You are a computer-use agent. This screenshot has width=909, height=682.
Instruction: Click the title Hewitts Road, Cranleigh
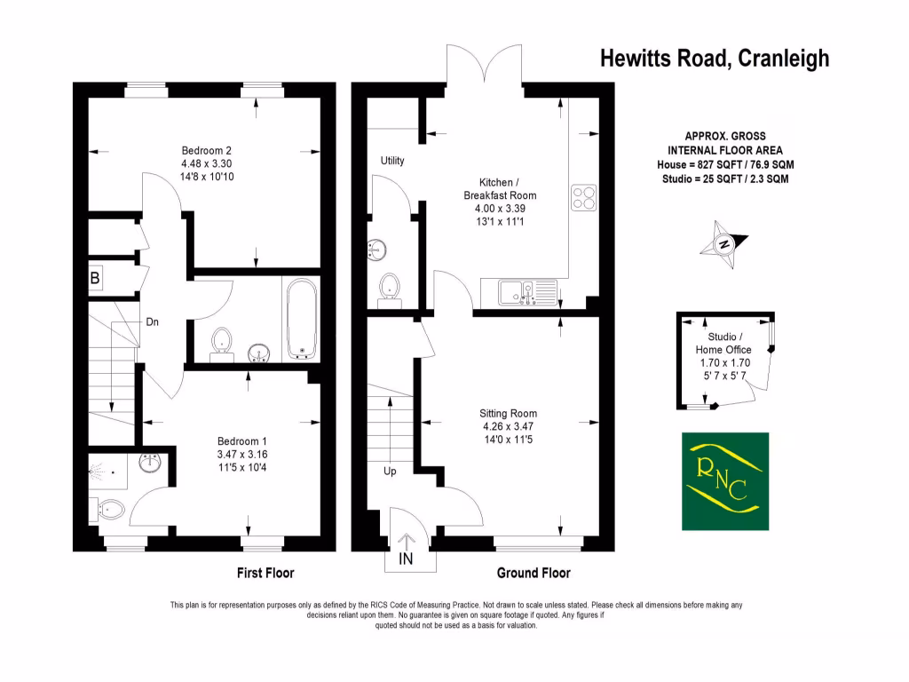715,59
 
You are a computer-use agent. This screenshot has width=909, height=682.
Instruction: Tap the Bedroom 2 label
207,150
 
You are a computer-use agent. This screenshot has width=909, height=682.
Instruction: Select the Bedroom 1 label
242,441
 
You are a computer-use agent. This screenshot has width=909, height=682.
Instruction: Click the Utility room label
392,161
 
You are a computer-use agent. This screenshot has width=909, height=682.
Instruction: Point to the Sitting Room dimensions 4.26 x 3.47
508,426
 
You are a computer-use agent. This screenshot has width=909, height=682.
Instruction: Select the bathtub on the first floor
300,319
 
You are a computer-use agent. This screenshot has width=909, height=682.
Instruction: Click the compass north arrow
724,245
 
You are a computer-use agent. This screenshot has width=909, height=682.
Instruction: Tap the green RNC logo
724,479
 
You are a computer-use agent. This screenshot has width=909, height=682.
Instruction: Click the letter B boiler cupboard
95,279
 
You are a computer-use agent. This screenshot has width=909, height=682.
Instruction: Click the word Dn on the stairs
153,322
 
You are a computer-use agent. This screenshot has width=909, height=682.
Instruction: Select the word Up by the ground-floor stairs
390,472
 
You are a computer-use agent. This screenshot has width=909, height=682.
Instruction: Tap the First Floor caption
265,573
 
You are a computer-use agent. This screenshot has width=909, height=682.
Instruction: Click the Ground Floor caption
534,573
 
